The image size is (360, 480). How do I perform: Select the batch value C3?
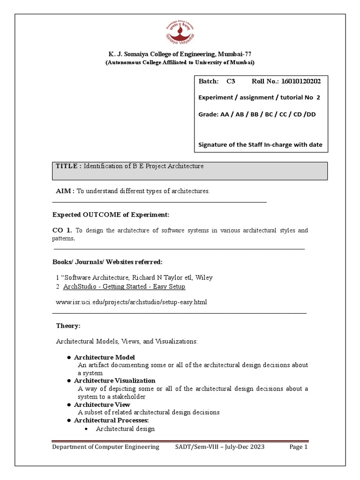[230, 82]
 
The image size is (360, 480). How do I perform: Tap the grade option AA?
[225, 114]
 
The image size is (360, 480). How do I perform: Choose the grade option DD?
[310, 114]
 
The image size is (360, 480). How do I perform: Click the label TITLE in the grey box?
[68, 166]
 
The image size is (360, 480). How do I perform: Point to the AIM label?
[65, 191]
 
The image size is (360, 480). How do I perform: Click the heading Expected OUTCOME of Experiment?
[110, 215]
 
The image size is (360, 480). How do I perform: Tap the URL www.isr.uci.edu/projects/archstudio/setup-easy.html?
[131, 302]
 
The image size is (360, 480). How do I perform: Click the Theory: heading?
[68, 326]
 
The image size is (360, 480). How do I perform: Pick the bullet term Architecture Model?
[104, 357]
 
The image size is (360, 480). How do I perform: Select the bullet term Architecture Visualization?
[114, 381]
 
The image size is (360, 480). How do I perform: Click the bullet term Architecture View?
[102, 405]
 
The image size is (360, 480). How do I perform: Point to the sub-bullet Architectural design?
[125, 428]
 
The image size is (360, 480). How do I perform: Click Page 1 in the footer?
[298, 447]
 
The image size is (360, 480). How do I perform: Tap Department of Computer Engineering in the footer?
[105, 447]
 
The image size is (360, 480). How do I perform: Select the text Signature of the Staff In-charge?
[253, 144]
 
